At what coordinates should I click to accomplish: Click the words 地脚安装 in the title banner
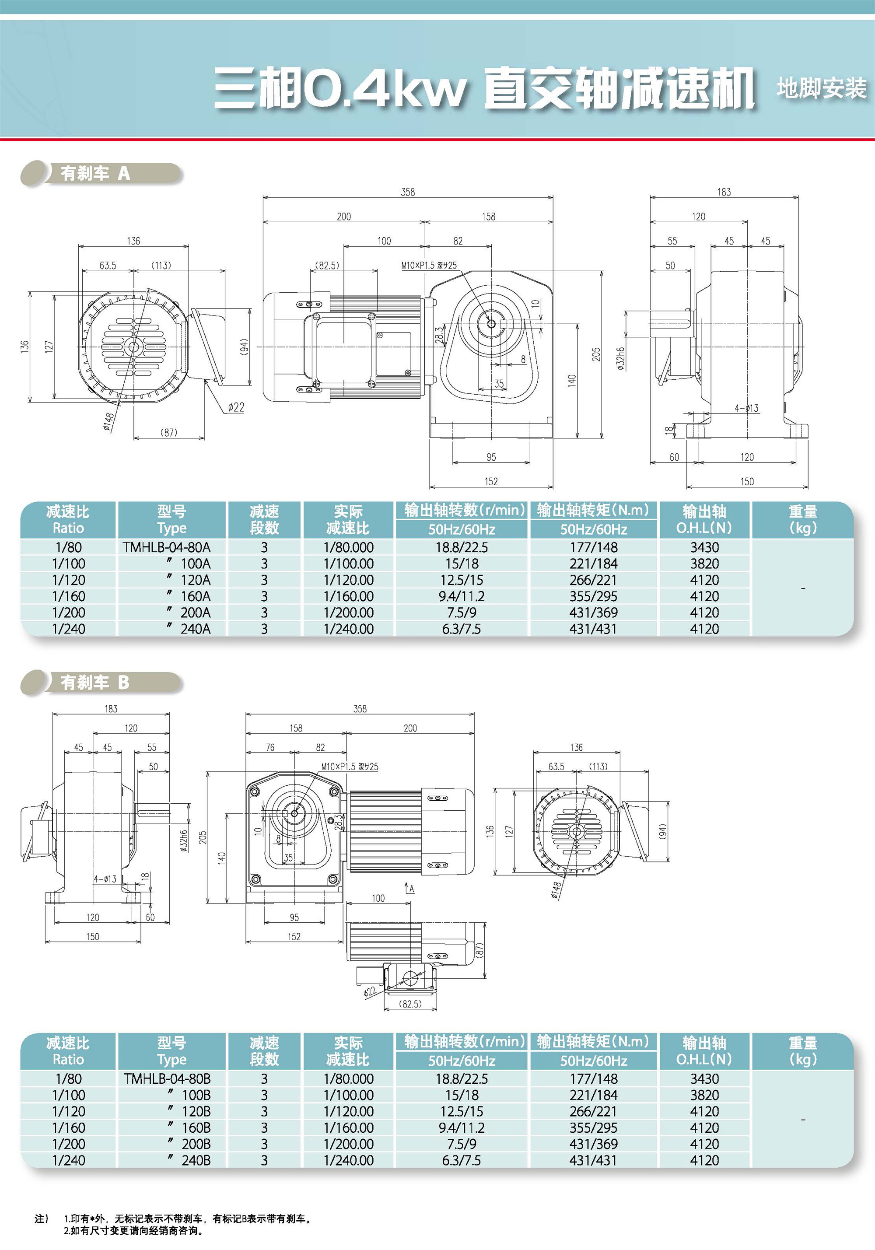pyautogui.click(x=821, y=88)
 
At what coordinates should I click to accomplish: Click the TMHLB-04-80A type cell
pyautogui.click(x=167, y=547)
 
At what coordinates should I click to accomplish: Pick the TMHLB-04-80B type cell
pyautogui.click(x=167, y=1078)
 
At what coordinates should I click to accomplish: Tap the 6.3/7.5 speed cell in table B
pyautogui.click(x=461, y=1160)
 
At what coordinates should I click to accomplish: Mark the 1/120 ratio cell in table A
pyautogui.click(x=69, y=580)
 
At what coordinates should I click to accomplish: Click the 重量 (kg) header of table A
pyautogui.click(x=802, y=519)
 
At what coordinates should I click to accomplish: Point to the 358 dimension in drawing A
pyautogui.click(x=408, y=192)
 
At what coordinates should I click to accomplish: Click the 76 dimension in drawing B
pyautogui.click(x=270, y=747)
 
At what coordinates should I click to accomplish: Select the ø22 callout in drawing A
pyautogui.click(x=236, y=407)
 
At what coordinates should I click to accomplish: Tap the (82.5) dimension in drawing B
pyautogui.click(x=410, y=1003)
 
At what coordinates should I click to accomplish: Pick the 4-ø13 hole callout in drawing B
pyautogui.click(x=105, y=879)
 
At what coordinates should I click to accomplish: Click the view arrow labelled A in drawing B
pyautogui.click(x=410, y=889)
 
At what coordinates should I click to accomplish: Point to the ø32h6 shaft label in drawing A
pyautogui.click(x=621, y=359)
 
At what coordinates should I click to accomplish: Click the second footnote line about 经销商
pyautogui.click(x=133, y=1230)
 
